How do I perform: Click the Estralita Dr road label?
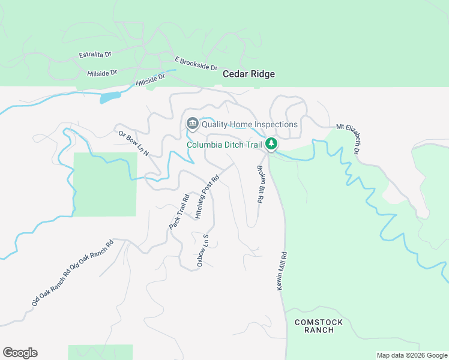[x=95, y=55]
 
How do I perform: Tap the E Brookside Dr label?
[x=196, y=64]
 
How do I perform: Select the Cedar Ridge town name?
[x=249, y=74]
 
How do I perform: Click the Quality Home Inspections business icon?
[x=193, y=124]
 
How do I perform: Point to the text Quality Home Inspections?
[x=250, y=125]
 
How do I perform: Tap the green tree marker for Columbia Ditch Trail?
[x=271, y=144]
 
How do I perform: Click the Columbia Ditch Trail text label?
[x=224, y=145]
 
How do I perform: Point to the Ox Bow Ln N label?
[x=133, y=143]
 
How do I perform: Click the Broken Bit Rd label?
[x=261, y=185]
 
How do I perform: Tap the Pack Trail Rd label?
[x=179, y=211]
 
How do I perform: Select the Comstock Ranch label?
[x=319, y=326]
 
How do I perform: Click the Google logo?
[x=20, y=353]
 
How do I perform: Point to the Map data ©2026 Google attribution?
[x=411, y=355]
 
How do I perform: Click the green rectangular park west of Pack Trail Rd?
[x=105, y=184]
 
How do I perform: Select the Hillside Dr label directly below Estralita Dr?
[x=101, y=73]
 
